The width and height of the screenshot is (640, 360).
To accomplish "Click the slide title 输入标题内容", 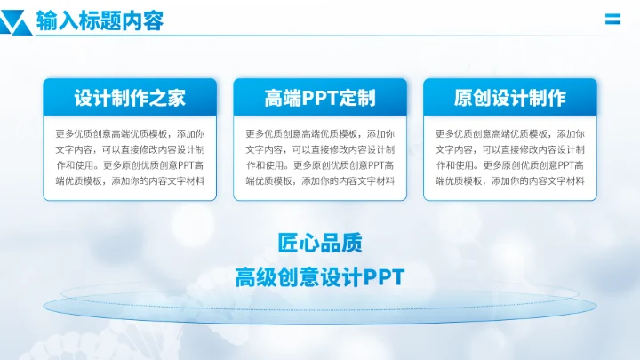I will click(100, 20).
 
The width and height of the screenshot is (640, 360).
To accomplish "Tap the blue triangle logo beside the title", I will click(16, 20).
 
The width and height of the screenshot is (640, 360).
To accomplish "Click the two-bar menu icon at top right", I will click(612, 19).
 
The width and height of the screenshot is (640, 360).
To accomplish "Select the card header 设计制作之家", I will click(130, 97).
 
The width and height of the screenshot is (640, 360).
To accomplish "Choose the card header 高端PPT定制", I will click(320, 97).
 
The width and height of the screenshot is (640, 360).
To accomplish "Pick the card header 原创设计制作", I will click(509, 97).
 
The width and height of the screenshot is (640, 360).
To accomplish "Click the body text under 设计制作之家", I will click(130, 157).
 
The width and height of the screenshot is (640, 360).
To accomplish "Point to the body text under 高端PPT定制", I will click(320, 157).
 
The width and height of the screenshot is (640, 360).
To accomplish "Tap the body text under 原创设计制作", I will click(509, 157).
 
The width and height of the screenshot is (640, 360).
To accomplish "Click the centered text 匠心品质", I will click(320, 243).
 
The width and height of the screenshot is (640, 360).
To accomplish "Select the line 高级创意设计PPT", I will click(320, 276).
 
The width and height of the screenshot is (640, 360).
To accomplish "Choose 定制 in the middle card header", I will click(364, 97).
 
